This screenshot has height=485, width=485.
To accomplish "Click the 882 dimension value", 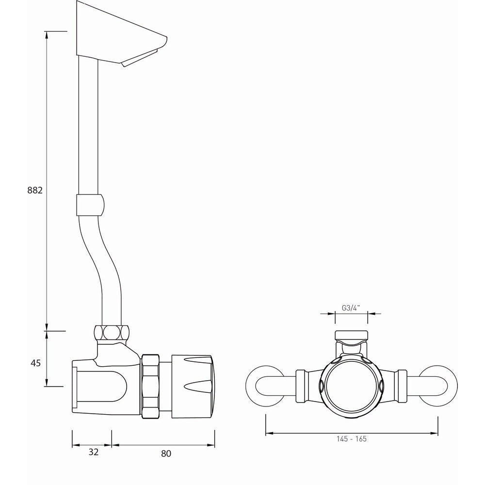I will pos(35,190).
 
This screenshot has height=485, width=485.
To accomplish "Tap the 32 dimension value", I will pos(94,452).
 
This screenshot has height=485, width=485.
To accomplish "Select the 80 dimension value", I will pos(166,453).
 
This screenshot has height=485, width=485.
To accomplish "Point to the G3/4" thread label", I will pos(351,308).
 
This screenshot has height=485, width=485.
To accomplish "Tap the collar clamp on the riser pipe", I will pos(90,205).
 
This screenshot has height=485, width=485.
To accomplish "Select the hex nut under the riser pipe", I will pos(113,333).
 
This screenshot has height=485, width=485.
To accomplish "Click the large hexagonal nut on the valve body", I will pos(151,385).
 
